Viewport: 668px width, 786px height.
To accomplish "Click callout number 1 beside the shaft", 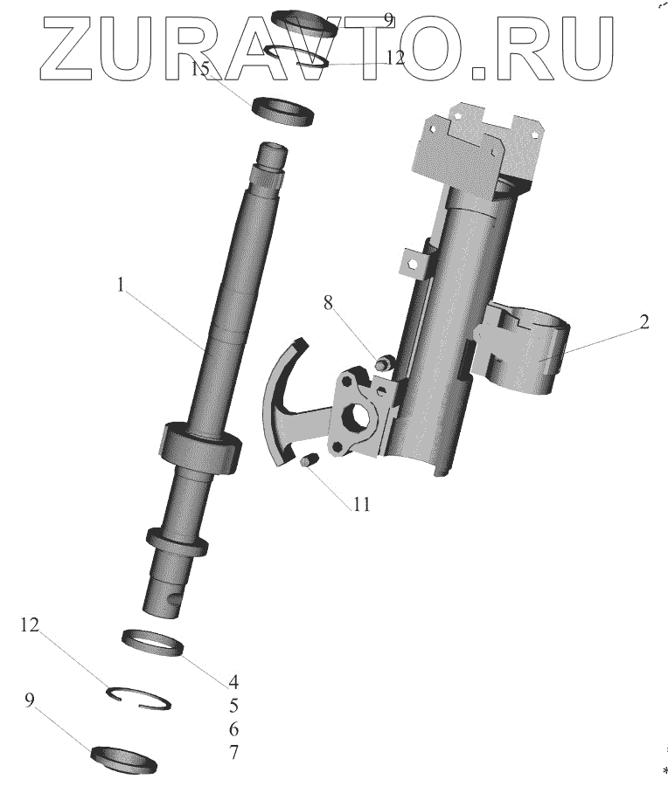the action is pos(120,285).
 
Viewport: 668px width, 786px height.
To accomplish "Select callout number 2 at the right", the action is pos(644,321).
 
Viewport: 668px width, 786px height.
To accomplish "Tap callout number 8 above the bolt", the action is pos(328,303).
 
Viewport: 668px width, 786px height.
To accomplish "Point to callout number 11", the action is pos(361,504).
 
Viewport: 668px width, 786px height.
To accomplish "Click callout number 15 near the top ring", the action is pos(200,68).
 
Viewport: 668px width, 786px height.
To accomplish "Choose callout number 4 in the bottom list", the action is pos(233,682).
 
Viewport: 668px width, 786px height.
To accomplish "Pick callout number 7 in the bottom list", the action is pos(233,753).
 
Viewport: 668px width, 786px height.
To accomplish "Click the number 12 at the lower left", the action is pos(30,625).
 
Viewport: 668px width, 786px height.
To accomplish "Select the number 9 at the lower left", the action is pos(30,700).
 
